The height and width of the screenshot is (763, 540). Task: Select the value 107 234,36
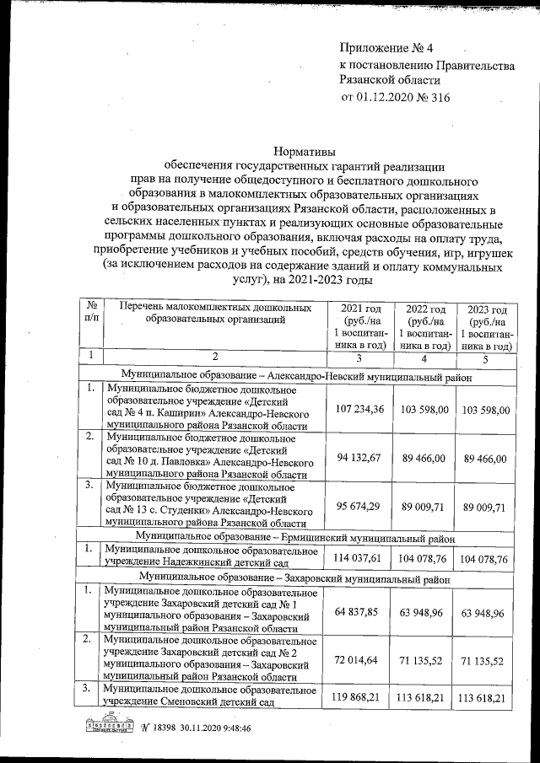pyautogui.click(x=360, y=409)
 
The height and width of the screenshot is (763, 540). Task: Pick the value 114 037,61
pyautogui.click(x=360, y=557)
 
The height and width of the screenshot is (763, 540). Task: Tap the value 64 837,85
pyautogui.click(x=360, y=610)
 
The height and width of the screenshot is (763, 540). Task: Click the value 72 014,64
pyautogui.click(x=360, y=658)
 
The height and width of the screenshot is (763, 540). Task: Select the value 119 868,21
pyautogui.click(x=360, y=697)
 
